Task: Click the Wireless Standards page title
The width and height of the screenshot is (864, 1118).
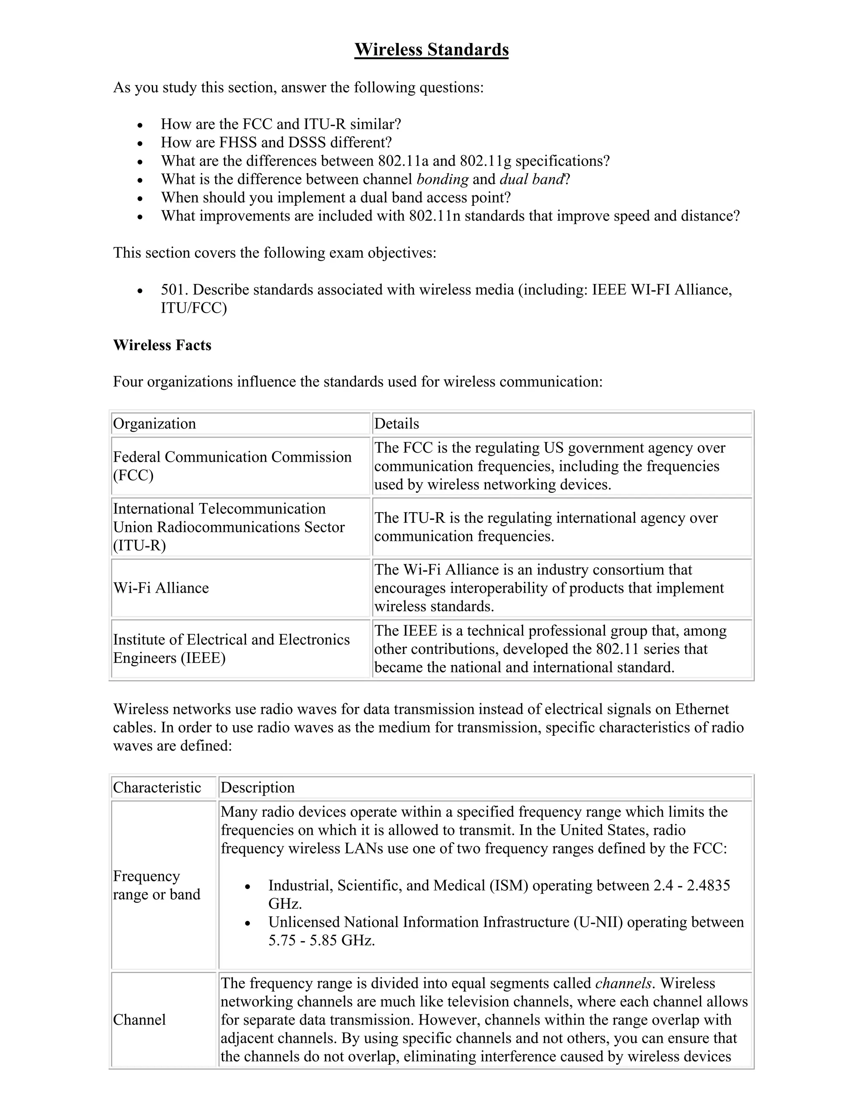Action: (431, 50)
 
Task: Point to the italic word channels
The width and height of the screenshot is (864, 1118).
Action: (624, 983)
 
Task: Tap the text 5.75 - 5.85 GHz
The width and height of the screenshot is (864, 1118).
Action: (321, 940)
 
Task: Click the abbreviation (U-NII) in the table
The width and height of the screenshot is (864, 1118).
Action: (598, 922)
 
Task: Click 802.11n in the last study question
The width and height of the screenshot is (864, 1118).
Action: (434, 216)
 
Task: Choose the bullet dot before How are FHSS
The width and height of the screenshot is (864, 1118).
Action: (140, 143)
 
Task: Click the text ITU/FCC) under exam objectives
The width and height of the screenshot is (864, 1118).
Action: (194, 308)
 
